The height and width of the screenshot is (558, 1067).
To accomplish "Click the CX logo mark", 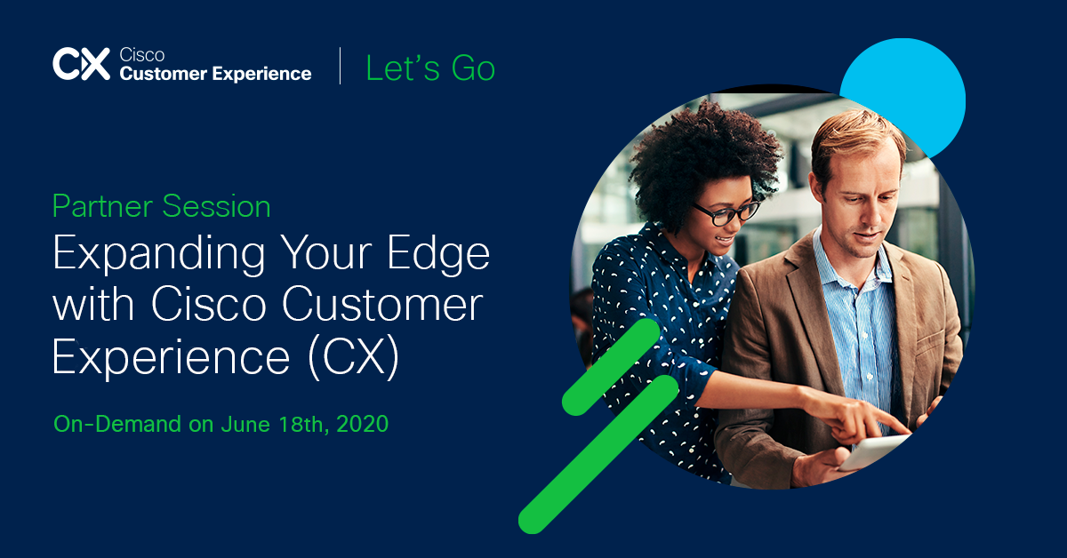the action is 82,64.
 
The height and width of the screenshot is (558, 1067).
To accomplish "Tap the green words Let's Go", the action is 430,68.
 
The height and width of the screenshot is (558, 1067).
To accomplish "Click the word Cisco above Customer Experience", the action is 142,55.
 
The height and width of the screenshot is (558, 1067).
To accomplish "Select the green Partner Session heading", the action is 162,207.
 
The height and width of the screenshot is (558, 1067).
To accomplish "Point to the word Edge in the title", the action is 438,254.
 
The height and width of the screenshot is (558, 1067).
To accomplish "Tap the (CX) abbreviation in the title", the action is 354,357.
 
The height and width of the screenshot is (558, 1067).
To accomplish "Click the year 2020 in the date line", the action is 363,424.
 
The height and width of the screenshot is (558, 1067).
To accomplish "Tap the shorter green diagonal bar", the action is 611,367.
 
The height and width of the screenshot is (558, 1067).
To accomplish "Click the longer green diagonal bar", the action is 598,454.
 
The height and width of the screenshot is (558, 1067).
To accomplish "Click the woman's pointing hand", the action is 857,415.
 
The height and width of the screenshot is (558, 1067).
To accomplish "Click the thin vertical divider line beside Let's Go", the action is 340,66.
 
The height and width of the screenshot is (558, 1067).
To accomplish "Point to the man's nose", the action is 876,217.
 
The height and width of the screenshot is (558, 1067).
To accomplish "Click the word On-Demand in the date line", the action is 117,424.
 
